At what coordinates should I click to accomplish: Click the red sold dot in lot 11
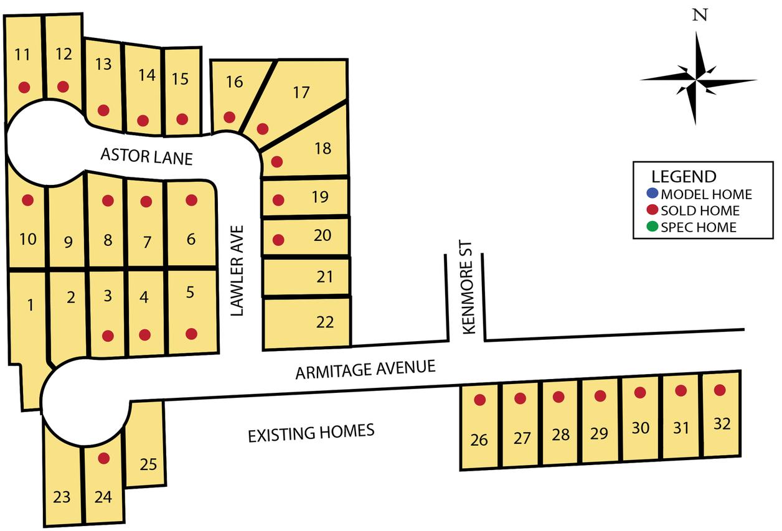24,87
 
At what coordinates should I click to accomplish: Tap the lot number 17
301,93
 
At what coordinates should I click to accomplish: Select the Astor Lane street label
146,156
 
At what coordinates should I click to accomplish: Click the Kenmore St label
469,297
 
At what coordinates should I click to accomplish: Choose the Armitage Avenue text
365,370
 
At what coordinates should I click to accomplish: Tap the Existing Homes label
311,432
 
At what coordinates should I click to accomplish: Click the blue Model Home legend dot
652,194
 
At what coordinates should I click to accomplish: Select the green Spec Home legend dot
652,227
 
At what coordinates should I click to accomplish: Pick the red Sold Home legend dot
652,210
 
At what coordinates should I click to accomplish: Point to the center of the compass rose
697,80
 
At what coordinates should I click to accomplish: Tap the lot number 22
325,322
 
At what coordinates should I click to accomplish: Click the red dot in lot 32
720,390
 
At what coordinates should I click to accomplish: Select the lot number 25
148,464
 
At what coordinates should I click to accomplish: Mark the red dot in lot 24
104,458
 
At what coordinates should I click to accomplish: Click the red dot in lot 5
191,334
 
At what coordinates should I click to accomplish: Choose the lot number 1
30,304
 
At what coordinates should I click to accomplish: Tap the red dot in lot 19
279,200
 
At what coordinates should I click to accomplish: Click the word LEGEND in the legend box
684,176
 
